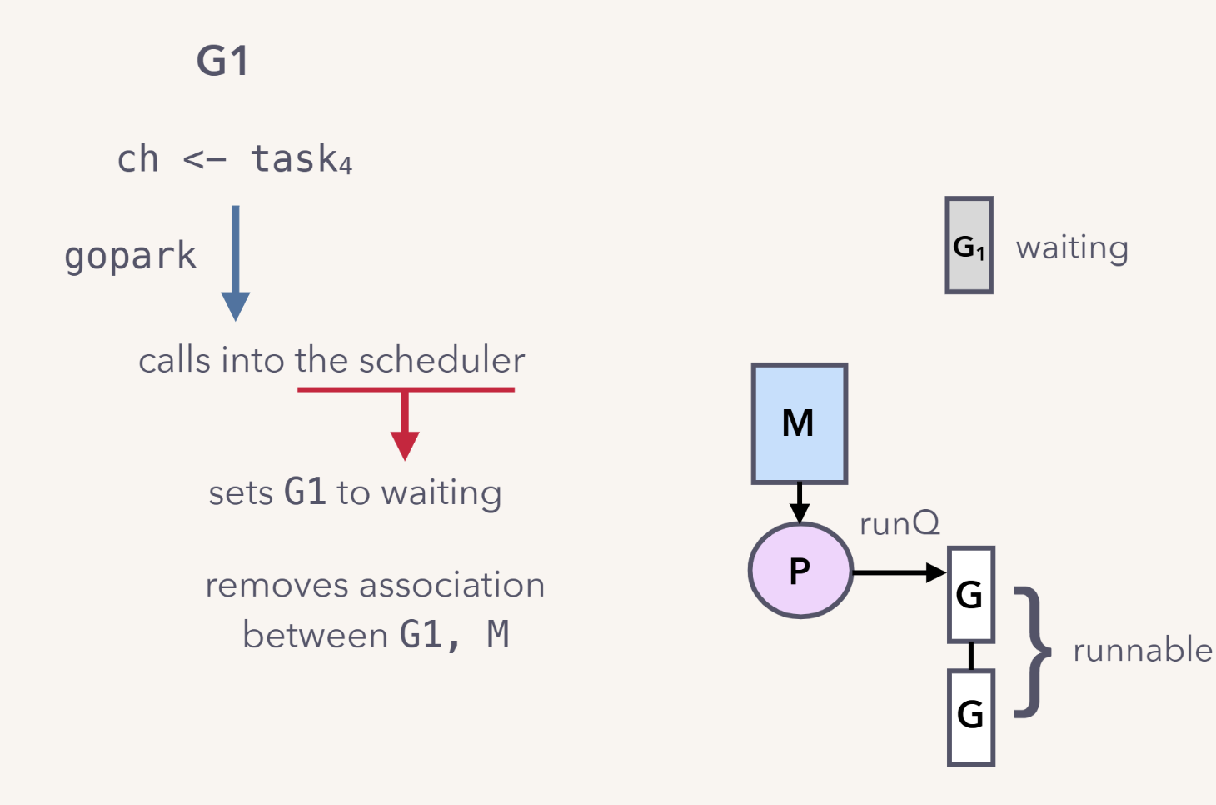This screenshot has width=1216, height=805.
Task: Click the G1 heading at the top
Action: coord(222,61)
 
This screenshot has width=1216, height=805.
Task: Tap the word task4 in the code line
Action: coord(301,158)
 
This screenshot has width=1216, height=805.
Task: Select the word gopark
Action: coord(131,256)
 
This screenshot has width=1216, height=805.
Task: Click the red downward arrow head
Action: coord(405,445)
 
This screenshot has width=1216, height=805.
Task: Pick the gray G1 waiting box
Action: coord(969,246)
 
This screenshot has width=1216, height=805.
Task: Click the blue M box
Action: coord(799,422)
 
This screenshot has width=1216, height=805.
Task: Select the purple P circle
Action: coord(800,571)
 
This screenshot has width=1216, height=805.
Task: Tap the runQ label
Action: coord(900,523)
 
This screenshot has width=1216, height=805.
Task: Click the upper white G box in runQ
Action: coord(971,594)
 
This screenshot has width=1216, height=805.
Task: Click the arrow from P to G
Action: coord(900,572)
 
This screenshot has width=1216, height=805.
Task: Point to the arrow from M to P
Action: coord(800,502)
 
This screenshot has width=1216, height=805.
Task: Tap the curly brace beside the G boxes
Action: coord(1033,652)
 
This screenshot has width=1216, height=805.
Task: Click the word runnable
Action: coord(1142,650)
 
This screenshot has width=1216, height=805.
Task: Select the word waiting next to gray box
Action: coord(1072,247)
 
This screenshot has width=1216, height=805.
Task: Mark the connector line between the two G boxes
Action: coord(971,656)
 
